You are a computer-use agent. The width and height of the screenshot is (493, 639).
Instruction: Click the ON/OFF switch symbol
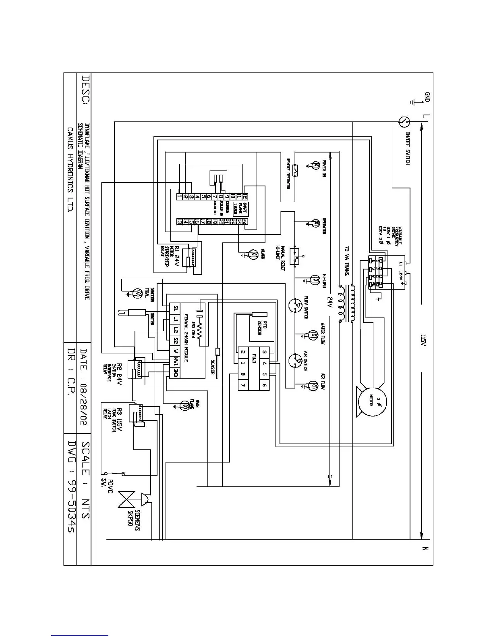tap(404, 121)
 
